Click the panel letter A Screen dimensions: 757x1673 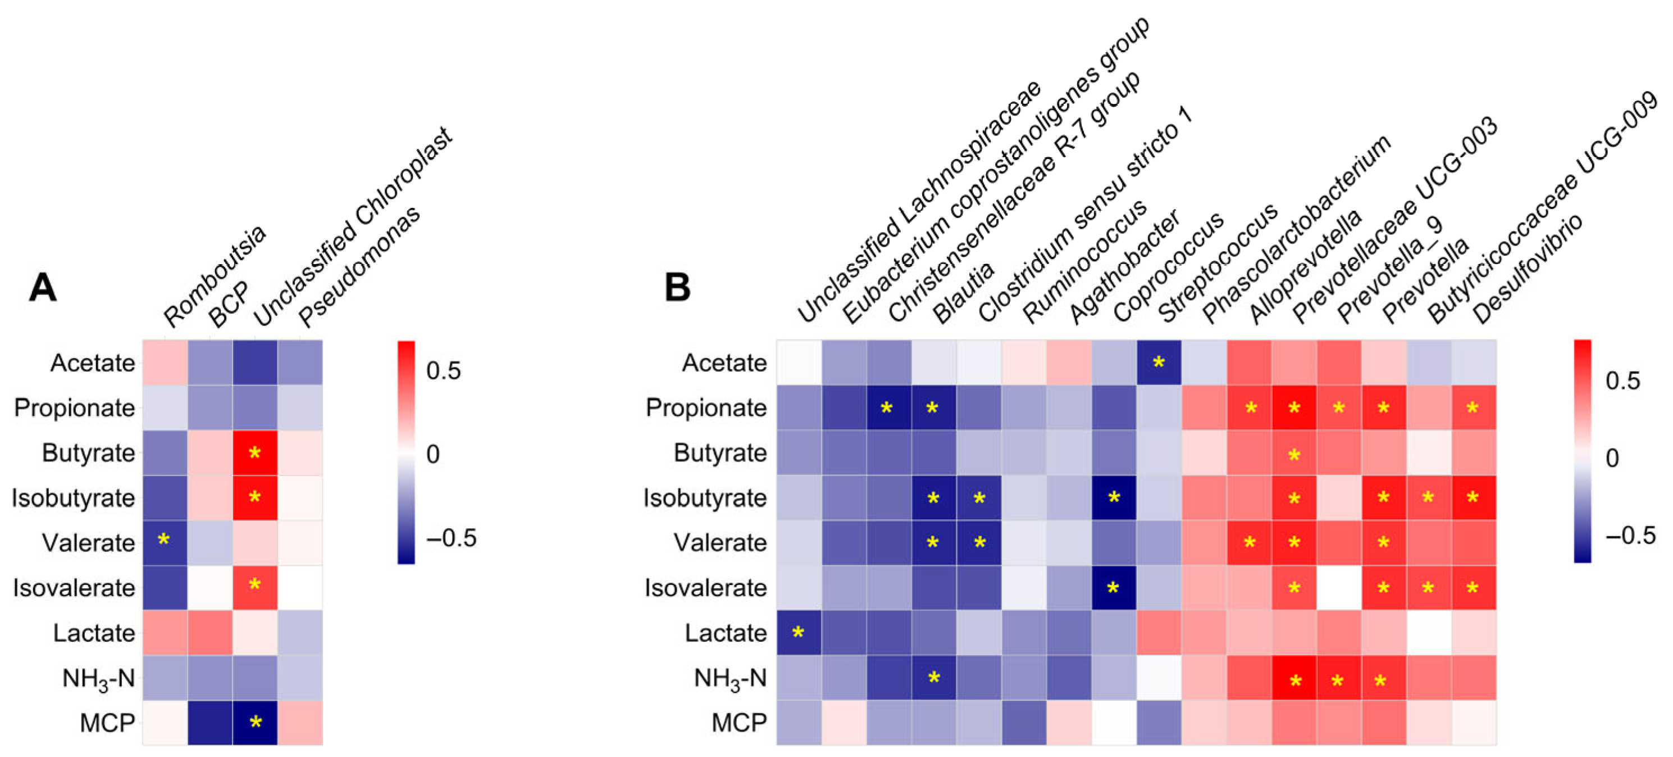click(x=43, y=287)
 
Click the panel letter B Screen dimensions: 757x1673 click(x=677, y=287)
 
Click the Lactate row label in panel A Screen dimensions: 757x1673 click(x=94, y=633)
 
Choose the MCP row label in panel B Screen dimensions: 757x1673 click(x=739, y=723)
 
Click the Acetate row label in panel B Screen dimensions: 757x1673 click(x=724, y=362)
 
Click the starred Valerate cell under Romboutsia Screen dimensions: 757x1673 click(x=165, y=542)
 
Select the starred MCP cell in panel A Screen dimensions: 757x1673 click(x=255, y=723)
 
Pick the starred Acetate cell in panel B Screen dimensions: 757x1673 click(x=1159, y=362)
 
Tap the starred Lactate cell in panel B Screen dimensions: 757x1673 click(x=799, y=633)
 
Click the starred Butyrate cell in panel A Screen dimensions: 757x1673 click(x=255, y=453)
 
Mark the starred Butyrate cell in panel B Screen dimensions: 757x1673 click(x=1294, y=453)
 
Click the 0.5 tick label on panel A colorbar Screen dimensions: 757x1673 click(x=444, y=370)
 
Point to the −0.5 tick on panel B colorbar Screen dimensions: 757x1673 click(x=1631, y=535)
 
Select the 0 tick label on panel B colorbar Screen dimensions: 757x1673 click(x=1612, y=458)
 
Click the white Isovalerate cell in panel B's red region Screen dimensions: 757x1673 click(x=1338, y=587)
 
